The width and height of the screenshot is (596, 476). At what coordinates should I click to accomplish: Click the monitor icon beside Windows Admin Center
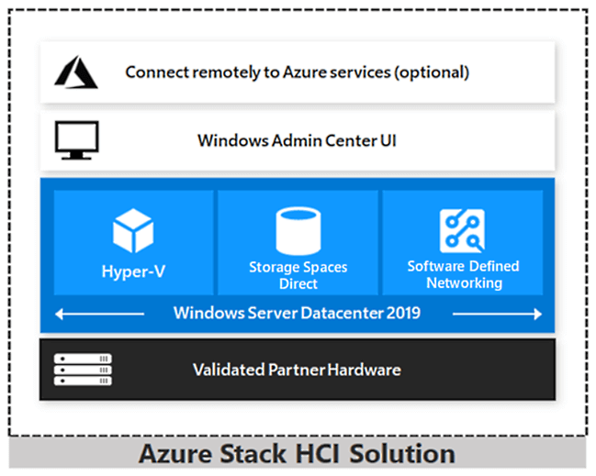click(x=76, y=140)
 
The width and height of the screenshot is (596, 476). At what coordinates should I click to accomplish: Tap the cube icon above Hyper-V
click(x=132, y=230)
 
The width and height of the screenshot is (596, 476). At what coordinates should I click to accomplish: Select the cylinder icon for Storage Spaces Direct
click(x=298, y=231)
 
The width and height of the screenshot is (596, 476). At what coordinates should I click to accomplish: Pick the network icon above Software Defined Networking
click(x=463, y=231)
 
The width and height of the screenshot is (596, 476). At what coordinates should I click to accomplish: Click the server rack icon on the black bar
click(x=83, y=370)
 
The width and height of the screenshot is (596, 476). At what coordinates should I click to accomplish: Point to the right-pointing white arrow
click(x=497, y=314)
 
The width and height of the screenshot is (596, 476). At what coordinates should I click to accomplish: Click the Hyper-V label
click(x=133, y=271)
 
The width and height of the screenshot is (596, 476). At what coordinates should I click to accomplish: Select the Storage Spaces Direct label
click(x=298, y=275)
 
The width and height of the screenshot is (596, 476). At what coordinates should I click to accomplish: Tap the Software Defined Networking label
click(x=463, y=274)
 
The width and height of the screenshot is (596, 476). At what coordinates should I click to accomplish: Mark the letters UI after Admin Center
click(x=388, y=141)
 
